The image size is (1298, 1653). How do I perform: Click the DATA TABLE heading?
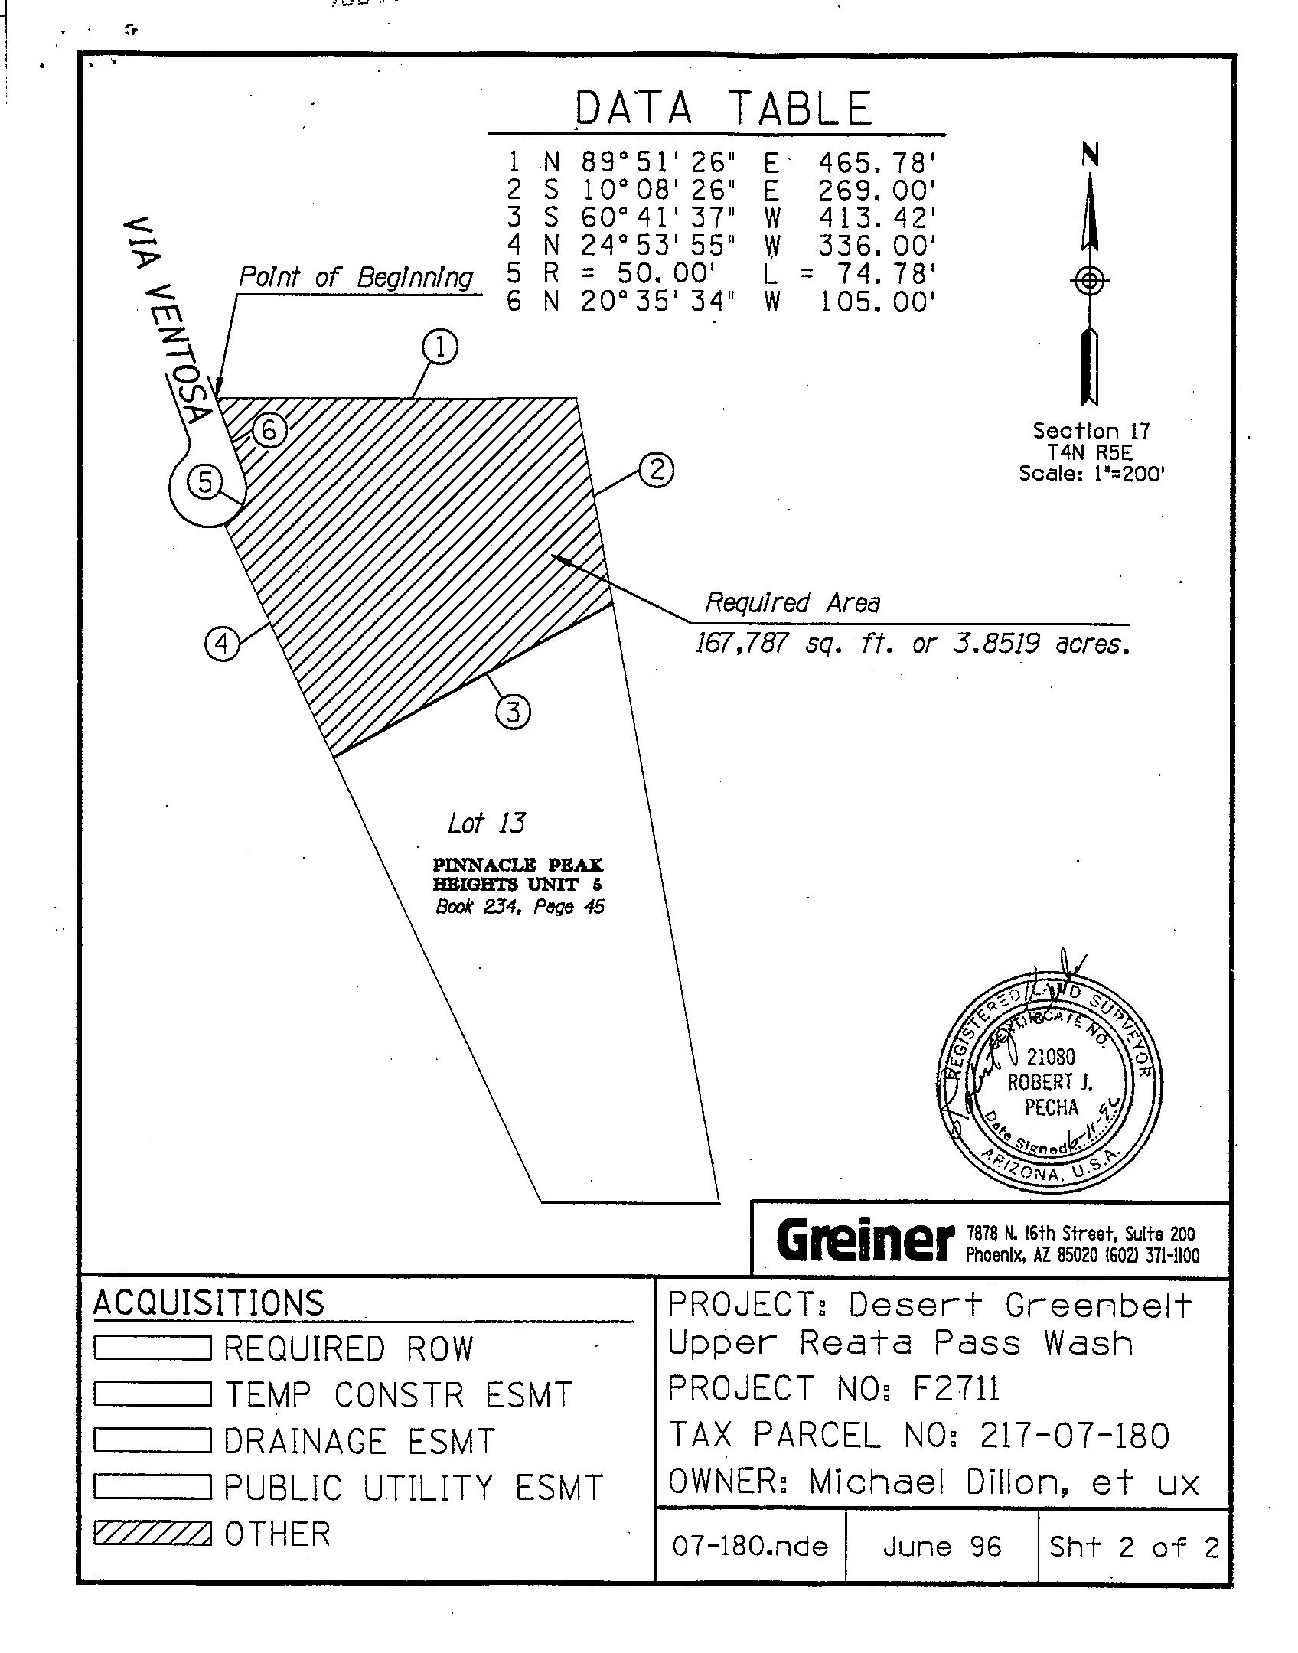[723, 108]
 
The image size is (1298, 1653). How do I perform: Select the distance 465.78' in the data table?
[878, 162]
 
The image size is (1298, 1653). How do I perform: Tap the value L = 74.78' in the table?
[850, 273]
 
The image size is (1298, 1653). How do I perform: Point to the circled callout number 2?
[657, 469]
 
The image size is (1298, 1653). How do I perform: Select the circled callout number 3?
[513, 712]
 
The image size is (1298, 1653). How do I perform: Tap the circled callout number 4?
[221, 643]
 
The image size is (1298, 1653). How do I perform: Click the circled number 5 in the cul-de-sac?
[204, 482]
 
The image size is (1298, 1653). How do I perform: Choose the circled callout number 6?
[269, 431]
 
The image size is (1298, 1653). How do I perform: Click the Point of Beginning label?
[356, 277]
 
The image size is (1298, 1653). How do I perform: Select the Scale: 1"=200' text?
[1091, 474]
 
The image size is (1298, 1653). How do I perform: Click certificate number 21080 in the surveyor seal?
[1050, 1057]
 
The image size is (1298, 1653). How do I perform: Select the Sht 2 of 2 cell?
[1133, 1547]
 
